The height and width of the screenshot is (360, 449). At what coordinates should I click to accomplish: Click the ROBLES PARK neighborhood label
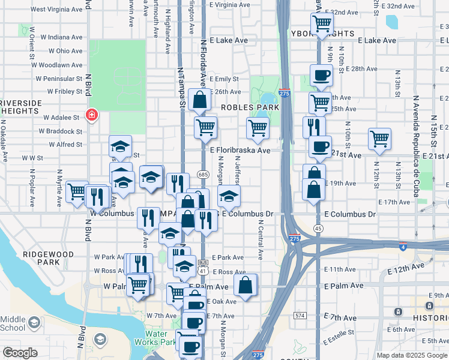pyautogui.click(x=250, y=107)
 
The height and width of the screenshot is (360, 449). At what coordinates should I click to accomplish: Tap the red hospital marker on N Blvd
pyautogui.click(x=92, y=115)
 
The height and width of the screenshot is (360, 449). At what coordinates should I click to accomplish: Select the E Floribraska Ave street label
pyautogui.click(x=240, y=151)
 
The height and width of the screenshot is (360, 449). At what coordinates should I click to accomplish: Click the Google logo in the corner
pyautogui.click(x=20, y=353)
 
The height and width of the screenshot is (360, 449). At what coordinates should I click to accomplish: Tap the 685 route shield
pyautogui.click(x=202, y=174)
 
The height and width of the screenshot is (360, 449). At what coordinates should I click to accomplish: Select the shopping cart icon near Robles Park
pyautogui.click(x=258, y=127)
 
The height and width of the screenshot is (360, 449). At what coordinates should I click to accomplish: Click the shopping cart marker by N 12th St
pyautogui.click(x=379, y=139)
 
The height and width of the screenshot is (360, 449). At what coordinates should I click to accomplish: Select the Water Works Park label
pyautogui.click(x=160, y=340)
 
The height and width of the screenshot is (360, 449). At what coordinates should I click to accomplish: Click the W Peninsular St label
pyautogui.click(x=59, y=79)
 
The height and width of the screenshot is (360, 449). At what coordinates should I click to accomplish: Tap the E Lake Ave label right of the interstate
pyautogui.click(x=376, y=40)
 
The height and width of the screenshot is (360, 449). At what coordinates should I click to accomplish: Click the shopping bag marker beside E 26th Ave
pyautogui.click(x=199, y=100)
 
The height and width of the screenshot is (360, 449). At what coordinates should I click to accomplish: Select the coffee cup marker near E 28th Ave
pyautogui.click(x=321, y=76)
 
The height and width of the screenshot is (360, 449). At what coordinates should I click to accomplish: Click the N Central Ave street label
pyautogui.click(x=261, y=240)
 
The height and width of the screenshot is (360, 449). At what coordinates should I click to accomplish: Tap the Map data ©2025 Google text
pyautogui.click(x=412, y=355)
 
